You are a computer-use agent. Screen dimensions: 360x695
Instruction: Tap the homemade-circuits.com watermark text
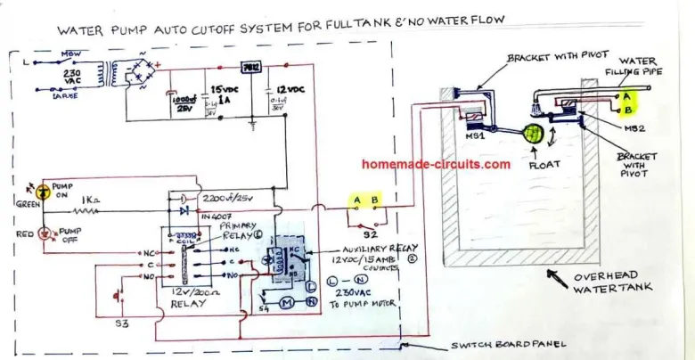[437, 164]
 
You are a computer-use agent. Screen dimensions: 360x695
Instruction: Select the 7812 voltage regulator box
[250, 68]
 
